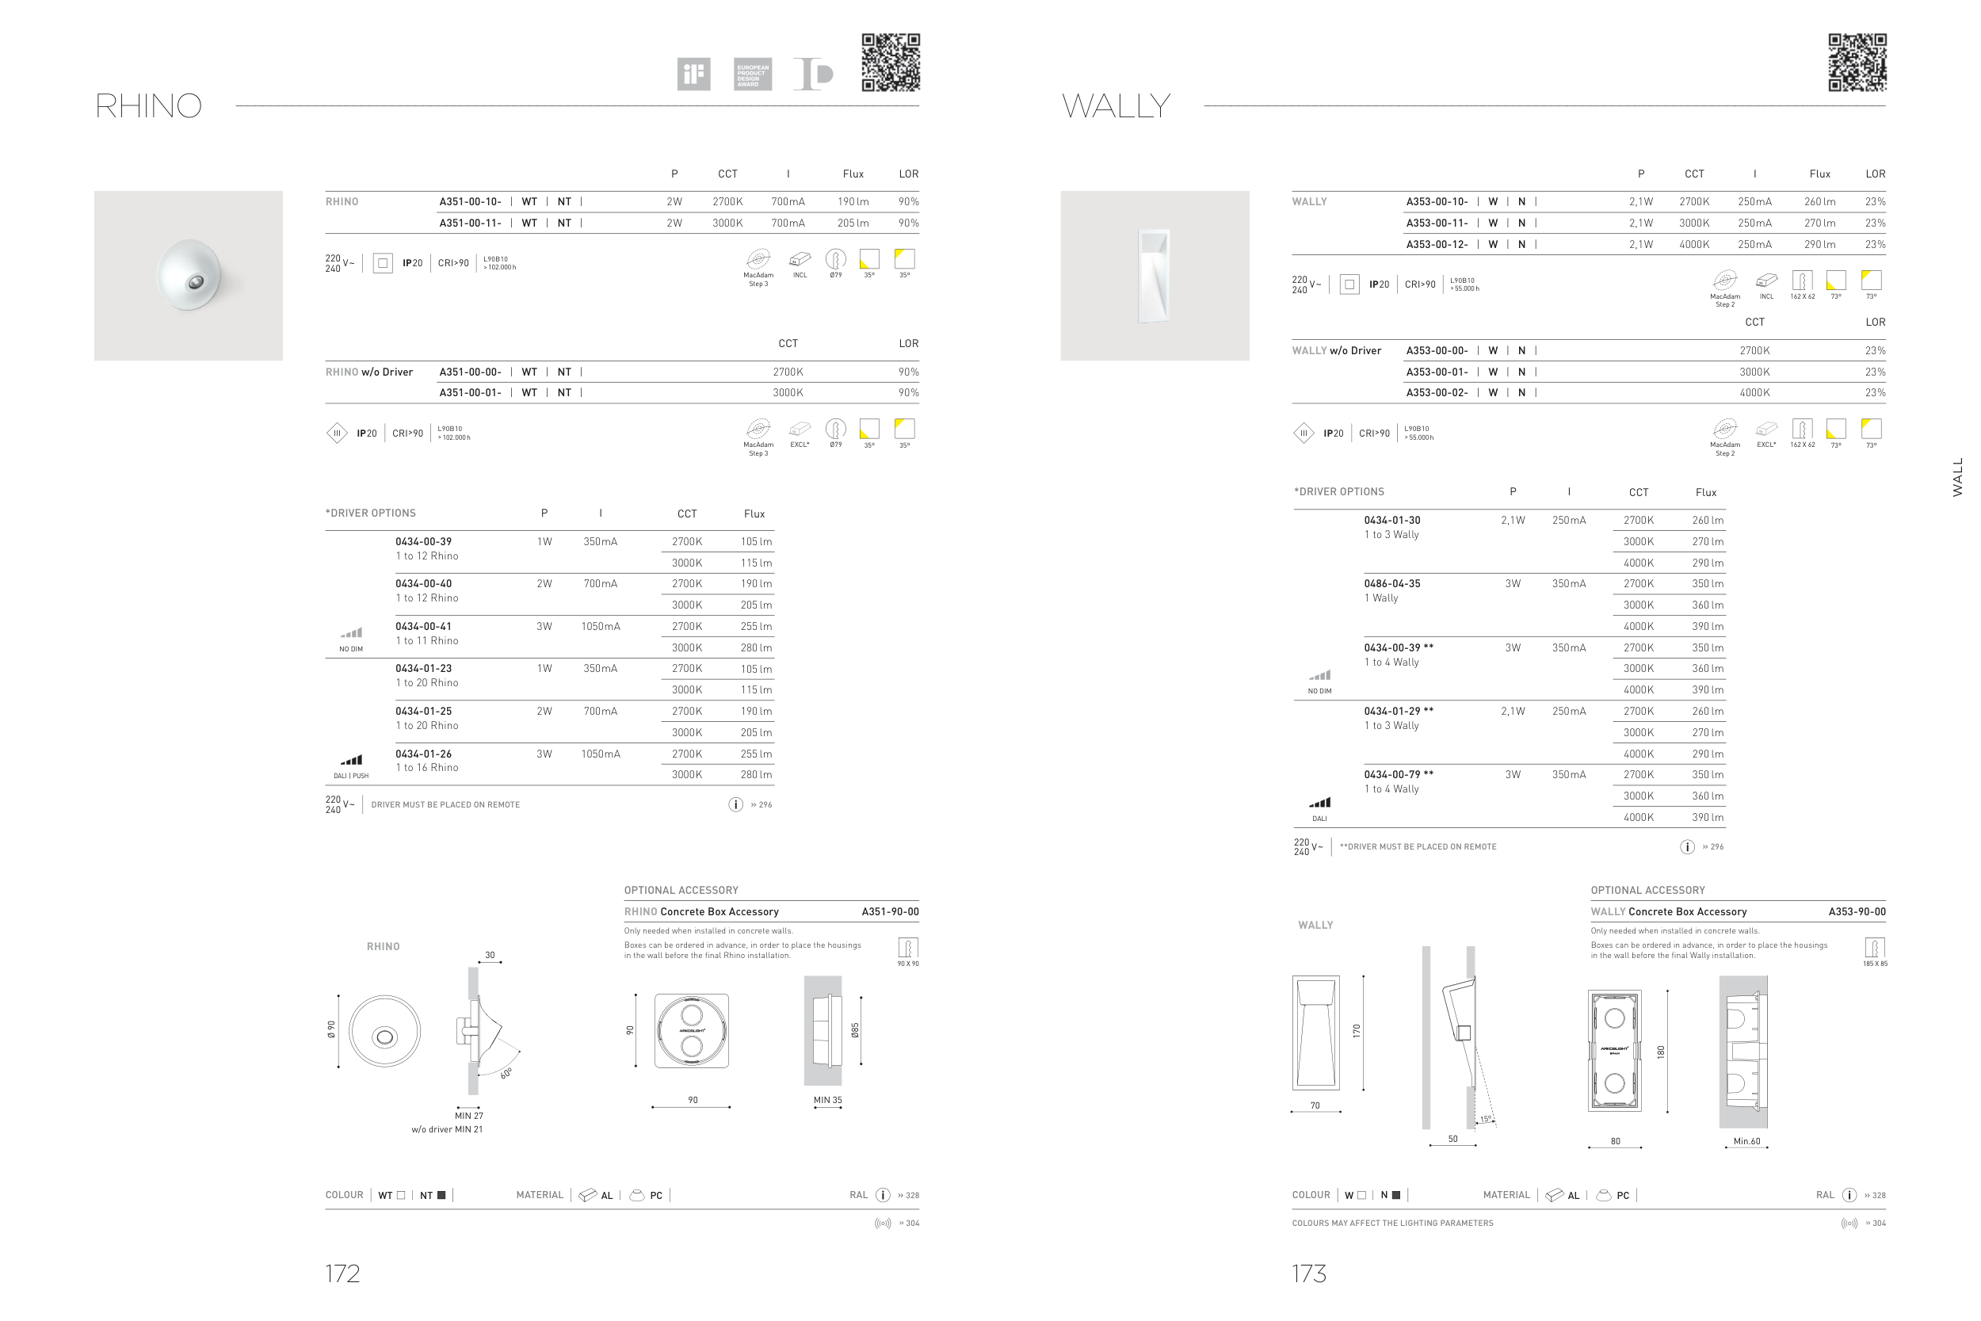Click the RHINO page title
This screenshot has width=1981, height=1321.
click(148, 106)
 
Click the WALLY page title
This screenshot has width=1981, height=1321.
click(1116, 106)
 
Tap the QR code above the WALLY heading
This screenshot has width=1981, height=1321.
click(1857, 63)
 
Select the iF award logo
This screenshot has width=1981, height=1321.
click(693, 74)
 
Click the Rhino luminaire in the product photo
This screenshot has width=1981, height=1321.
click(189, 276)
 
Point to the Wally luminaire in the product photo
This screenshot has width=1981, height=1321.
click(1154, 276)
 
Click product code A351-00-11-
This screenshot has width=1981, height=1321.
click(470, 223)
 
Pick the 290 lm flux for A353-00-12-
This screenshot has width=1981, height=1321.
click(1819, 244)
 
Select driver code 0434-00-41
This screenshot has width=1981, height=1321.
click(424, 627)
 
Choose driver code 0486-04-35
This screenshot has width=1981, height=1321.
click(1392, 584)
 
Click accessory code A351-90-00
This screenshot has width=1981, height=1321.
click(891, 911)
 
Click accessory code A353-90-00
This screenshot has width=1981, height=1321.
click(1857, 911)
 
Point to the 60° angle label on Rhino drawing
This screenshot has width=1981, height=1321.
click(506, 1073)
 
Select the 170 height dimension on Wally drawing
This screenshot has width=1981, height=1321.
click(1357, 1030)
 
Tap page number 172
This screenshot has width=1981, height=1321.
click(343, 1273)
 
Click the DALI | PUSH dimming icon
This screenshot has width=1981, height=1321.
click(351, 760)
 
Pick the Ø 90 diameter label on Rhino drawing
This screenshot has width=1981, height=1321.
click(332, 1029)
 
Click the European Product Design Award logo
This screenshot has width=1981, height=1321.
click(752, 74)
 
